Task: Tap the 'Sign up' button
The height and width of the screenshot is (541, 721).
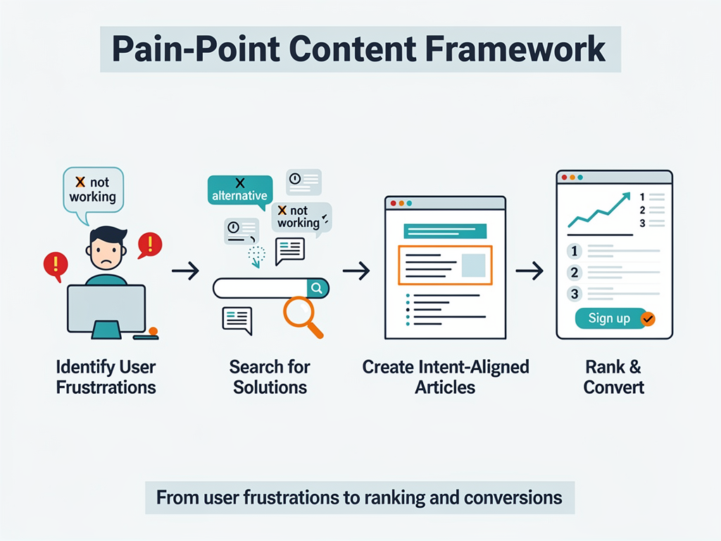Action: tap(610, 318)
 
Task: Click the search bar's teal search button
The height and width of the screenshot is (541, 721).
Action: tap(318, 288)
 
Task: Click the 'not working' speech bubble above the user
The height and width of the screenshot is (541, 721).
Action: tap(93, 189)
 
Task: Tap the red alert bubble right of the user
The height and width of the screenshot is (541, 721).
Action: tap(149, 244)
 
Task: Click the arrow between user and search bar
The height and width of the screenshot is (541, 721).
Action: tap(185, 270)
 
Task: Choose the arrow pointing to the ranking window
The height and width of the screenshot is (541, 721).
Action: tap(529, 270)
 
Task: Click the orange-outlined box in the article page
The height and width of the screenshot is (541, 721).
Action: tap(445, 265)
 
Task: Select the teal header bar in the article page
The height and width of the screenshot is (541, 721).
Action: tap(445, 231)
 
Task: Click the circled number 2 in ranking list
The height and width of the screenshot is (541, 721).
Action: tap(575, 273)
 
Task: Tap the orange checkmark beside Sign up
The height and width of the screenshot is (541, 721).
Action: tap(648, 319)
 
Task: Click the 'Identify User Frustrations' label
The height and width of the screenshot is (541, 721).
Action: tap(106, 377)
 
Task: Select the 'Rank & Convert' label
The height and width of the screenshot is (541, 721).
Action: tap(613, 377)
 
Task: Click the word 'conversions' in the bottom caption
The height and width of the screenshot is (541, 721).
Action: tap(513, 498)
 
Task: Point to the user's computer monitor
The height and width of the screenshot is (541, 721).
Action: tap(106, 308)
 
